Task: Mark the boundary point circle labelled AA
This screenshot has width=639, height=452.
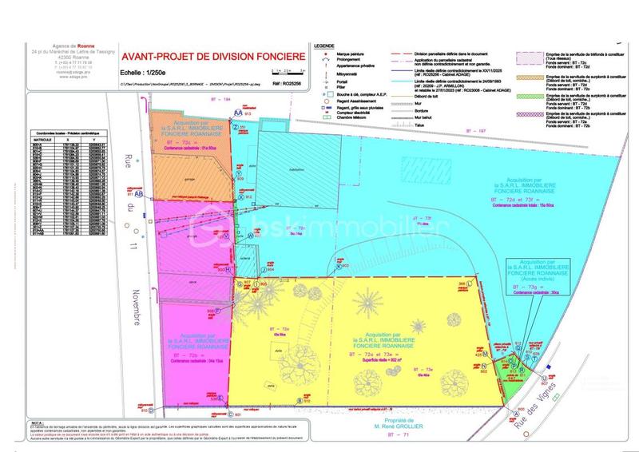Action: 237,113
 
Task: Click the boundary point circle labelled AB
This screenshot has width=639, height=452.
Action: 139,193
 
